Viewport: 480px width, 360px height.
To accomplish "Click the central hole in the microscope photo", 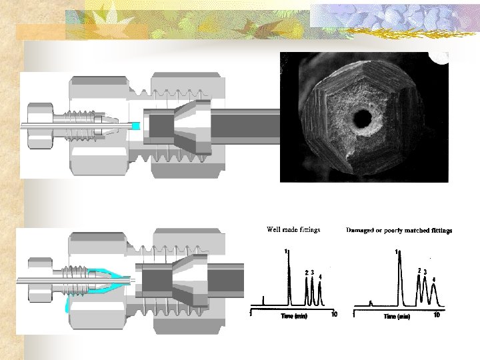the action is pyautogui.click(x=363, y=119).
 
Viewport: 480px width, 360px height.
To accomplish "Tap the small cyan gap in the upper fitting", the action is pyautogui.click(x=136, y=126).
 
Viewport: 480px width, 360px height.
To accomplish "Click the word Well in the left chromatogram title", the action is pyautogui.click(x=273, y=230).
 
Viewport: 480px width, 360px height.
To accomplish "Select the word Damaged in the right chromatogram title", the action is pyautogui.click(x=361, y=231).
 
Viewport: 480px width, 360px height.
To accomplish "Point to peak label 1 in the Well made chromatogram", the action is pyautogui.click(x=286, y=251).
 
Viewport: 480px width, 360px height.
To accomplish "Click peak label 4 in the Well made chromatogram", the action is pyautogui.click(x=321, y=277).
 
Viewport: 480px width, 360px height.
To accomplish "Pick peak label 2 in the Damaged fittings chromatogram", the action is pyautogui.click(x=419, y=270).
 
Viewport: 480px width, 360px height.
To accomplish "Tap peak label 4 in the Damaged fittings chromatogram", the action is pyautogui.click(x=434, y=279).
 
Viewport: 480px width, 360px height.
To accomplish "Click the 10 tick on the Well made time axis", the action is pyautogui.click(x=334, y=314).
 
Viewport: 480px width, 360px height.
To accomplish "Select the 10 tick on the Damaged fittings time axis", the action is pyautogui.click(x=437, y=315).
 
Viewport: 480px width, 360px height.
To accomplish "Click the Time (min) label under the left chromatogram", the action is pyautogui.click(x=293, y=315).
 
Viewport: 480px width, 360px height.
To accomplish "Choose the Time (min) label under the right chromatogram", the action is pyautogui.click(x=399, y=316).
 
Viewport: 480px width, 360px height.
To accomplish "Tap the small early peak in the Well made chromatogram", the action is pyautogui.click(x=264, y=301).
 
